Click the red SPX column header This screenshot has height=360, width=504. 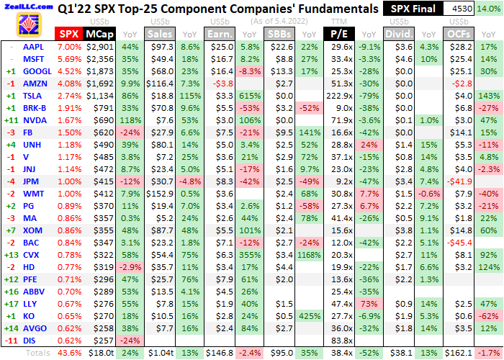coord(68,34)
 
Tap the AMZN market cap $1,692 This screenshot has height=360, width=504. coord(99,84)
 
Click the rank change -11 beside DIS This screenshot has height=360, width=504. coord(10,341)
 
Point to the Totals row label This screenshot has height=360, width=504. coord(38,354)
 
